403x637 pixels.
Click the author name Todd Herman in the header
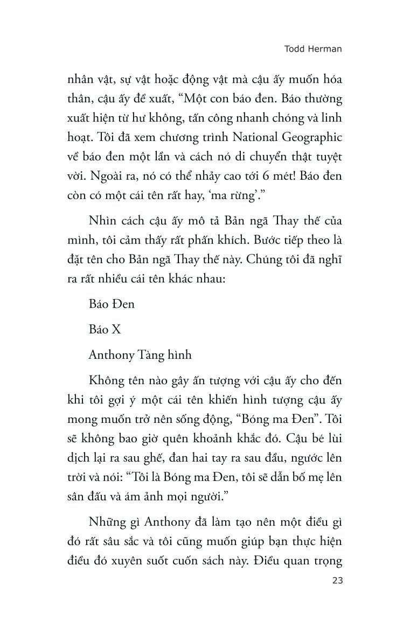(x=313, y=48)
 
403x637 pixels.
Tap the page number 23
(x=335, y=580)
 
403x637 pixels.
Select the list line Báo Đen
(x=112, y=303)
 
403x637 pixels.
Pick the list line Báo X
(x=105, y=329)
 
